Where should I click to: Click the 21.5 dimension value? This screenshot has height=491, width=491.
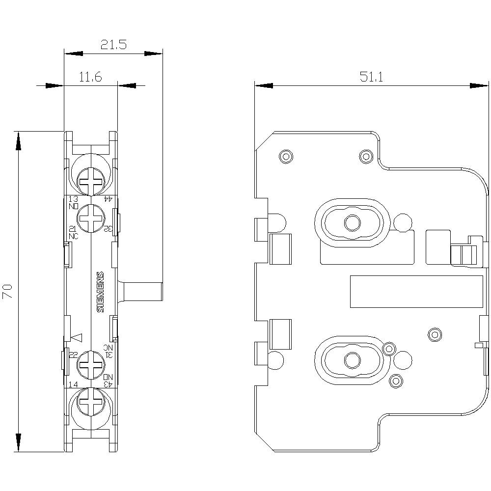pyautogui.click(x=114, y=45)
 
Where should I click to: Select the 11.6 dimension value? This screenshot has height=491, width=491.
pyautogui.click(x=90, y=77)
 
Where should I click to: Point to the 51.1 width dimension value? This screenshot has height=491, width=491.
pyautogui.click(x=372, y=77)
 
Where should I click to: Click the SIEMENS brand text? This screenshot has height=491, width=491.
pyautogui.click(x=100, y=292)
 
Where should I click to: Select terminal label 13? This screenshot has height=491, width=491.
pyautogui.click(x=73, y=199)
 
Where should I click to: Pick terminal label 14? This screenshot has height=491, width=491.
pyautogui.click(x=73, y=384)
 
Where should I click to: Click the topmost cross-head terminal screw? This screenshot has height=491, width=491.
pyautogui.click(x=91, y=181)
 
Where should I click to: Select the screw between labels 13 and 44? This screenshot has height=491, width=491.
pyautogui.click(x=91, y=218)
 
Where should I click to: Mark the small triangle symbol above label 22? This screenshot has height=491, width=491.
pyautogui.click(x=77, y=337)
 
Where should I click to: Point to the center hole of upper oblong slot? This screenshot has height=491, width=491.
pyautogui.click(x=351, y=222)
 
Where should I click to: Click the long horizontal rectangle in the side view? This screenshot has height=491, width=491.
pyautogui.click(x=416, y=292)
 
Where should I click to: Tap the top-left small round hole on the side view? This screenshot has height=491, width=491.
pyautogui.click(x=285, y=157)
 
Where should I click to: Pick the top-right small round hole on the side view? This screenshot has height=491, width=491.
pyautogui.click(x=366, y=157)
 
